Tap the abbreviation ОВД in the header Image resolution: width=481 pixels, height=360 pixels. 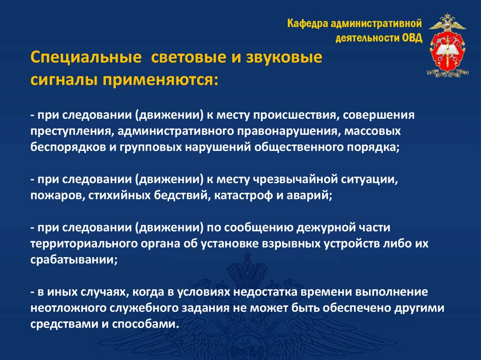point(412,38)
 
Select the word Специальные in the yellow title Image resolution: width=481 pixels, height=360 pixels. point(86,59)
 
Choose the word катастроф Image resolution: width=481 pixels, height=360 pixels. point(243,195)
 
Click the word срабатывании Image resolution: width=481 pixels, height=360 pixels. point(72,260)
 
